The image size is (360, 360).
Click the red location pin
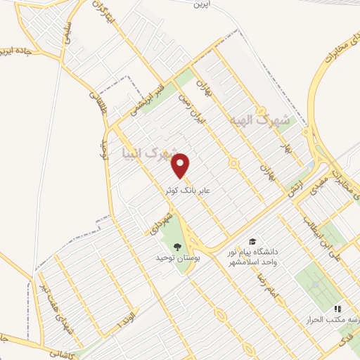tap(181, 165)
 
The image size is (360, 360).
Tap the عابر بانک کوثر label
tap(181, 190)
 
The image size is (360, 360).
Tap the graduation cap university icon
tap(252, 239)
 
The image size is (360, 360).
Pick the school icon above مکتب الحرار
tap(337, 308)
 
